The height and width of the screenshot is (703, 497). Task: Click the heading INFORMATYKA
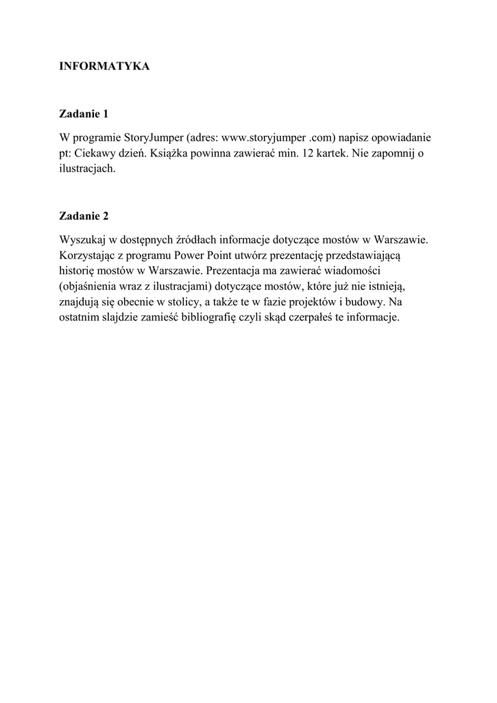(x=104, y=67)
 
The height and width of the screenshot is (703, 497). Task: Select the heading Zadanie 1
(x=84, y=113)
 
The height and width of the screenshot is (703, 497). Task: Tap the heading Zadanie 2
(x=84, y=216)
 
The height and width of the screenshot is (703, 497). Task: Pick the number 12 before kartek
(x=303, y=153)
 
